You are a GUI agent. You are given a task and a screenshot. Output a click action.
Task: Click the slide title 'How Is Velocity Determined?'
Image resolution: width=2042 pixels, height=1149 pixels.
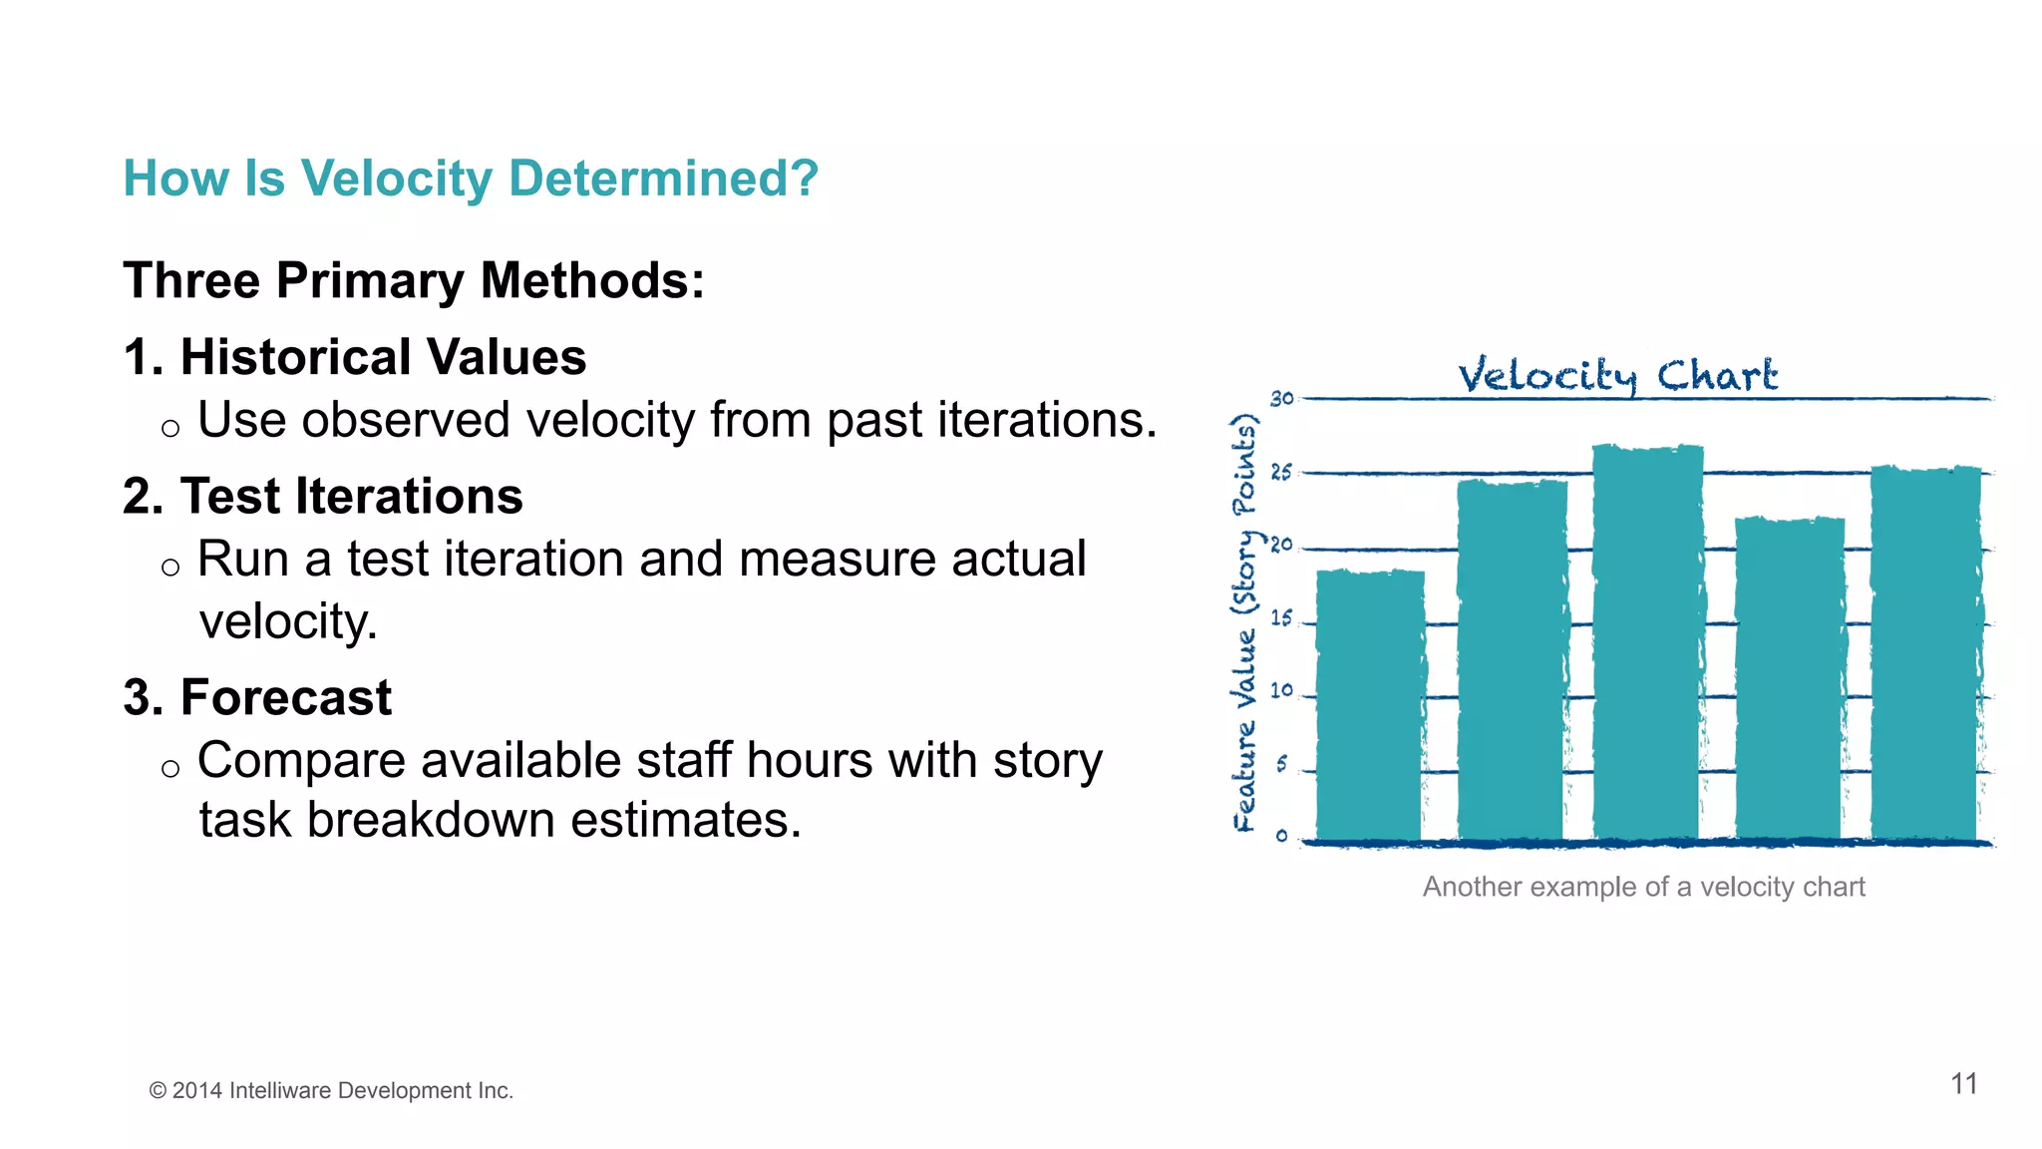(x=470, y=180)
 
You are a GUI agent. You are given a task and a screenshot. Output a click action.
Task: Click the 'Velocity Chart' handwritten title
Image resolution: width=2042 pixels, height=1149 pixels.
(x=1616, y=376)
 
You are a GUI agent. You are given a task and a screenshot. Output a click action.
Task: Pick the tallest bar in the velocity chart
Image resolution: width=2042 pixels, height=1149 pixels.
(x=1646, y=643)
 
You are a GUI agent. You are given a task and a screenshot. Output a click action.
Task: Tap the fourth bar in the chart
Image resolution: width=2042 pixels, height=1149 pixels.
(x=1789, y=678)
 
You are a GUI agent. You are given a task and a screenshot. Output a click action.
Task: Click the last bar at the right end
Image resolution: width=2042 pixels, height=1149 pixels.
(x=1924, y=653)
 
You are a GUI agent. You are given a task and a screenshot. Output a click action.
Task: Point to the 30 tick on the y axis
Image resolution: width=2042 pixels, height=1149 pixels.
(x=1281, y=399)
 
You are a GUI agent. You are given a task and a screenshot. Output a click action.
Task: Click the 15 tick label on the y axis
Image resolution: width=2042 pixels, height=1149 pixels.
(x=1281, y=618)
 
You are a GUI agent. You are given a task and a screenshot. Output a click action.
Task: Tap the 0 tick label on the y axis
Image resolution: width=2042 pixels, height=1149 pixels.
(x=1281, y=836)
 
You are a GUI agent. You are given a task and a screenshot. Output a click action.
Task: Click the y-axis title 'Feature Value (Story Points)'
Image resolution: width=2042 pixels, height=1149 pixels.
(x=1244, y=623)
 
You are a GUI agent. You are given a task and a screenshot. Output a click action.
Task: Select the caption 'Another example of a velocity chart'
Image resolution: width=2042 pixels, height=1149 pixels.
(x=1643, y=887)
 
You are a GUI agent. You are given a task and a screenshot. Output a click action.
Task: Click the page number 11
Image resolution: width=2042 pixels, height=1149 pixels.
(x=1963, y=1084)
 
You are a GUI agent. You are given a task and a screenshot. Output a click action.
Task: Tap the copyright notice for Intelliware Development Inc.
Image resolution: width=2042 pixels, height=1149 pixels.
(x=331, y=1091)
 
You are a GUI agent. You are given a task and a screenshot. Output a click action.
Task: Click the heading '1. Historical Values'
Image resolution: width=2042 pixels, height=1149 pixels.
(x=354, y=357)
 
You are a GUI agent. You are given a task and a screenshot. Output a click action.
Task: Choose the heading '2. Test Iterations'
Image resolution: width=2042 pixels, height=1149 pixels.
(x=322, y=496)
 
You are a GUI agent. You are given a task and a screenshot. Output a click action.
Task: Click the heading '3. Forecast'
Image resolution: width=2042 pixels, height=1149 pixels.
(x=257, y=697)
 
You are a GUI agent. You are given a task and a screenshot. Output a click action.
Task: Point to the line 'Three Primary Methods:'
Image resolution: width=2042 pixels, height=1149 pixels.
(x=414, y=280)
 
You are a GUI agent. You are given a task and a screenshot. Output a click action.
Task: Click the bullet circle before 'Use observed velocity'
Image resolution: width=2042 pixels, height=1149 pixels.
(x=170, y=429)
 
